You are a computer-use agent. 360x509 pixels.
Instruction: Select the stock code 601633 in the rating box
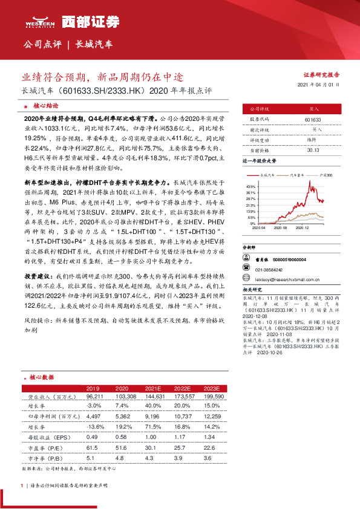[x=313, y=120]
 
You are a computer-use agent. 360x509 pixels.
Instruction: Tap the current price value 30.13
[x=313, y=150]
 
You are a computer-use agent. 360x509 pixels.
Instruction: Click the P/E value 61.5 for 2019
[x=93, y=447]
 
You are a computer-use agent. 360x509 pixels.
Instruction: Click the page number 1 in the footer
[x=22, y=485]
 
